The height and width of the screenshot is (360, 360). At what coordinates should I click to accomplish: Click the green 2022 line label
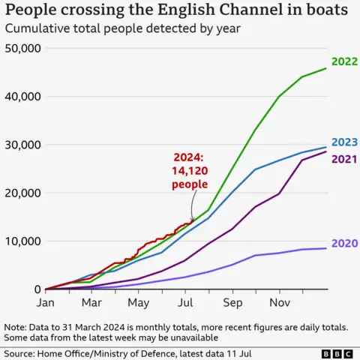click(343, 62)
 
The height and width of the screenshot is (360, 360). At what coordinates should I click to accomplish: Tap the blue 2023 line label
click(343, 142)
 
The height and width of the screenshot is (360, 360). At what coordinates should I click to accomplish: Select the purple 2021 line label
click(343, 158)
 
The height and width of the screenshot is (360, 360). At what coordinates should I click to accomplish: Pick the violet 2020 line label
click(343, 243)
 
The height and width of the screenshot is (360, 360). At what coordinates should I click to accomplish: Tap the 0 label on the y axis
click(36, 289)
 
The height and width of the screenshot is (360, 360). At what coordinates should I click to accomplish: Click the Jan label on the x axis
click(45, 303)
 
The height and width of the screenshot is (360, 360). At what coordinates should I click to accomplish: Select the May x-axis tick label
click(138, 303)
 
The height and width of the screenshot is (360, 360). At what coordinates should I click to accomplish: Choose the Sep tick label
click(232, 303)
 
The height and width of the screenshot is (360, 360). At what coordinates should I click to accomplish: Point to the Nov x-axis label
click(279, 303)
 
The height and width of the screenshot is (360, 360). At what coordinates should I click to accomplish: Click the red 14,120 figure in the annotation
click(189, 171)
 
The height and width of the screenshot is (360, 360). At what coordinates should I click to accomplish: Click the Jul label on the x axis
click(184, 303)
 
